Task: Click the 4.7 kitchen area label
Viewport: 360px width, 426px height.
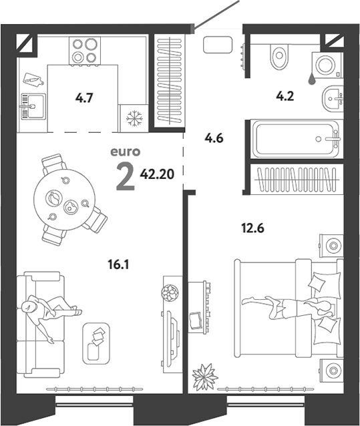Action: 84,97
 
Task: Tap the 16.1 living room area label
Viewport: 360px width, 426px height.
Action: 118,264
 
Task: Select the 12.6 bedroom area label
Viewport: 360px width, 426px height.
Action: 252,228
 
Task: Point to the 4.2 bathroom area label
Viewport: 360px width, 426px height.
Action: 285,96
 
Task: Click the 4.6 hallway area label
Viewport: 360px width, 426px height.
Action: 214,138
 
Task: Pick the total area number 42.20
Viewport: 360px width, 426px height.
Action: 157,174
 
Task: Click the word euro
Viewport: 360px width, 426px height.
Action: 126,152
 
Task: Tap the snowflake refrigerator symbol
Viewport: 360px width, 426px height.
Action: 134,118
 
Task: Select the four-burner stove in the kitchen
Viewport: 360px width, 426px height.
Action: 85,51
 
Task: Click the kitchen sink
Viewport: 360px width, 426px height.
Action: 33,106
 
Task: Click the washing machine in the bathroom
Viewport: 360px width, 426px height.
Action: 327,65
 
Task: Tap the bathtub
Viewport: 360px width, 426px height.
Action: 296,139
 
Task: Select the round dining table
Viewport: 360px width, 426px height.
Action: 64,200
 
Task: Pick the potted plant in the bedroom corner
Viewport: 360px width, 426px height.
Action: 205,377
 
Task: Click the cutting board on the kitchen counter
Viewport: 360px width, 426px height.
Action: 33,79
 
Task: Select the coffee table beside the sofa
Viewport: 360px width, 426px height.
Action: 96,344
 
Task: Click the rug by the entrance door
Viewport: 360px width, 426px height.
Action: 218,45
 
